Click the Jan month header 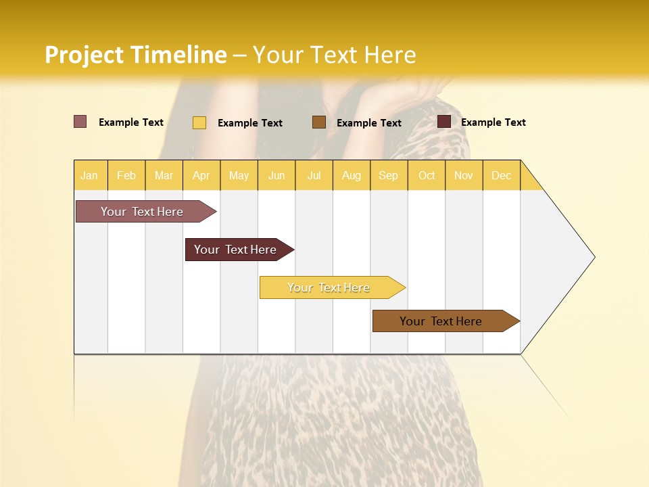tap(89, 175)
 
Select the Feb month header tap(126, 175)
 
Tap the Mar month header tap(164, 175)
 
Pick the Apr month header tap(201, 175)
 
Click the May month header tap(239, 175)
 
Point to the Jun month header tap(277, 175)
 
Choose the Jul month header tap(314, 175)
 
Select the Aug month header tap(351, 175)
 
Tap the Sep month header tap(388, 175)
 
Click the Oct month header tap(427, 175)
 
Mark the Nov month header tap(464, 175)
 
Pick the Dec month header tap(501, 175)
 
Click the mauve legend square tap(80, 122)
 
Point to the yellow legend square tap(199, 122)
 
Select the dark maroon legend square tap(443, 122)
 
